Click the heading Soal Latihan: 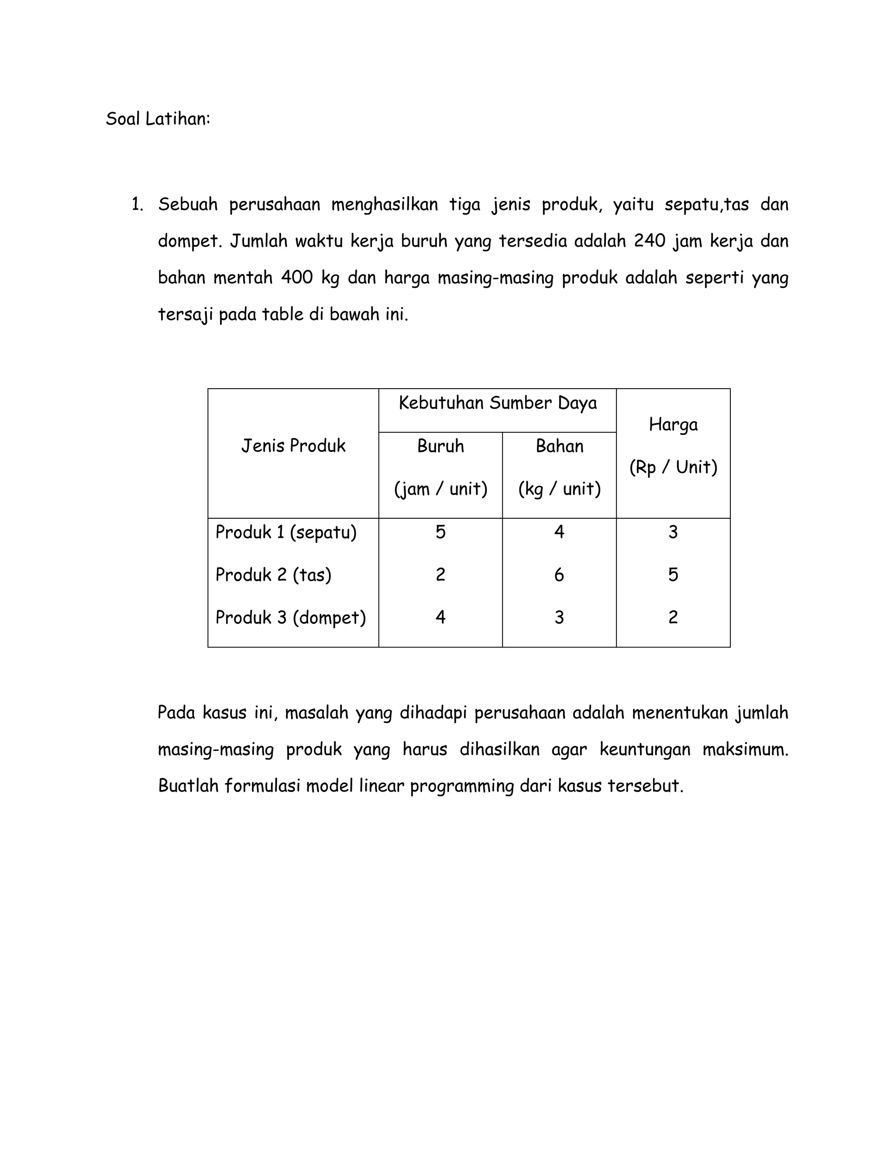click(158, 119)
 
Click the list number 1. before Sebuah click(137, 204)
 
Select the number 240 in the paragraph click(649, 241)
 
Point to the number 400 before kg click(296, 278)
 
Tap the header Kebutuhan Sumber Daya click(497, 403)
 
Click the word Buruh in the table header click(440, 446)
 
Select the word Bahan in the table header click(559, 446)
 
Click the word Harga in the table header click(673, 424)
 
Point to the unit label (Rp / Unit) click(673, 467)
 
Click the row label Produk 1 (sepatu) click(286, 532)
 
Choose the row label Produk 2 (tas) click(273, 575)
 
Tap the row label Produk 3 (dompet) click(290, 618)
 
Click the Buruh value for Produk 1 click(440, 532)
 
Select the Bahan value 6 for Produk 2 click(559, 575)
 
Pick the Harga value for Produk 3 click(673, 618)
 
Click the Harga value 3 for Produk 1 click(673, 532)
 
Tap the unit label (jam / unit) click(440, 489)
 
